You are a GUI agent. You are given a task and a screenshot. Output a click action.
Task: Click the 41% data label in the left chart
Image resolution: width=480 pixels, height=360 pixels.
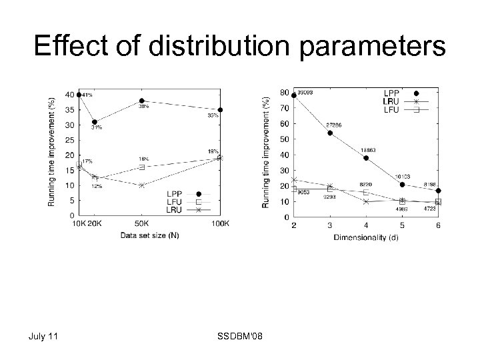[87, 95]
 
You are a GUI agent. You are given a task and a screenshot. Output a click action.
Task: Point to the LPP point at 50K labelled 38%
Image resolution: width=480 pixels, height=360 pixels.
[142, 101]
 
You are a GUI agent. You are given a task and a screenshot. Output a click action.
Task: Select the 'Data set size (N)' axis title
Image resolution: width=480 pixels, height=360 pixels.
[149, 235]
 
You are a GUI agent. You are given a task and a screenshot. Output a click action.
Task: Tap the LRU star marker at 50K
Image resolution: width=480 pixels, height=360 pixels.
[142, 185]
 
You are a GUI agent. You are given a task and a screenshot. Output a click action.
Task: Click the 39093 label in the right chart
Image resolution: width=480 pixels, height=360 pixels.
[306, 92]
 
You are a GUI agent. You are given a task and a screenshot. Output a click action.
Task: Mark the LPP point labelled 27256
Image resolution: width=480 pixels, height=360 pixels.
[330, 133]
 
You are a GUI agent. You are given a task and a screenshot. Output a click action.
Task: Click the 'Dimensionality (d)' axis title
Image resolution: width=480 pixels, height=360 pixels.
[366, 238]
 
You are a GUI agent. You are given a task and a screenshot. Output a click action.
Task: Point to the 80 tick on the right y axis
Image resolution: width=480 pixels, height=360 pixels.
[284, 92]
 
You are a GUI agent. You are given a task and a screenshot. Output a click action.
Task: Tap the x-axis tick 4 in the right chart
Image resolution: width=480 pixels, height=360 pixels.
[366, 227]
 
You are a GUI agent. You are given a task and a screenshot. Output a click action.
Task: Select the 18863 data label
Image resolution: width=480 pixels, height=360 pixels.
[368, 150]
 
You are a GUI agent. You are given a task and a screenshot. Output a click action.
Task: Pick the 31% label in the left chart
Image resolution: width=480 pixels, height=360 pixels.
[97, 127]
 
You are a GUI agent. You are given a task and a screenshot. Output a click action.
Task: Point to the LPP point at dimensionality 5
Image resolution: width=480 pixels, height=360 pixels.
[402, 185]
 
